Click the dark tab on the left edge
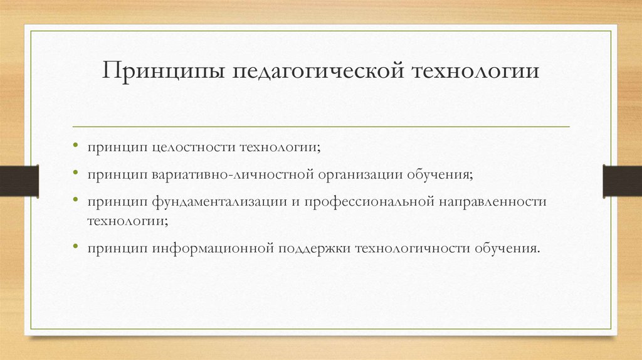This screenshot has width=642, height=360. coord(19,179)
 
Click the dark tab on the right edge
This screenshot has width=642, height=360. coord(622,179)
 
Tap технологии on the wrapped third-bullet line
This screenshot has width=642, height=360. coord(127,221)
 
